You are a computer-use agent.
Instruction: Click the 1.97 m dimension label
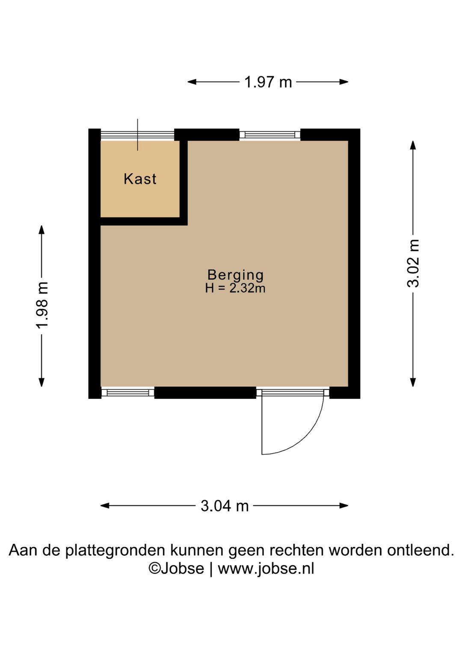(268, 82)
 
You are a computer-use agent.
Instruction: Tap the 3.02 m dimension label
(413, 264)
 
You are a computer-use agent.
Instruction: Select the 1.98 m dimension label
(42, 306)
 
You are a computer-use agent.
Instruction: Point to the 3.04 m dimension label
(225, 506)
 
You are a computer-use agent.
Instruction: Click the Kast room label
(140, 179)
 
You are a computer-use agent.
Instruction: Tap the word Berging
(235, 274)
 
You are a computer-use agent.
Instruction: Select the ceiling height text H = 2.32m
(235, 288)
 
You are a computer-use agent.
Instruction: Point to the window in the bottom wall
(127, 392)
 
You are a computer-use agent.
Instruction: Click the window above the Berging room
(269, 135)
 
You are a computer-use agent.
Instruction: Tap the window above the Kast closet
(137, 135)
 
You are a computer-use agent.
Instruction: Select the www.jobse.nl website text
(266, 569)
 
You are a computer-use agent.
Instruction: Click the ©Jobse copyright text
(176, 569)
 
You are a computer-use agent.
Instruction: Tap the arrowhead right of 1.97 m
(344, 82)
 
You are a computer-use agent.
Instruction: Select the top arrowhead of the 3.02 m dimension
(413, 145)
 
